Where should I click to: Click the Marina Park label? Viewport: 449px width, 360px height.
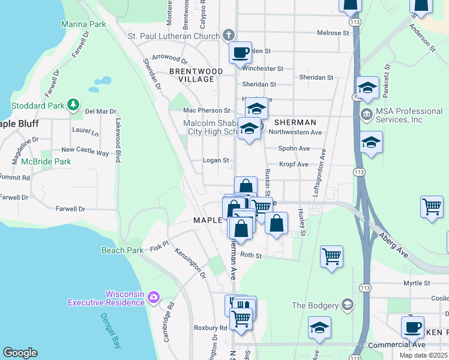pyautogui.click(x=83, y=24)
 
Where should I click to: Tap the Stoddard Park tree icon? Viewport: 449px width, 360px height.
pyautogui.click(x=73, y=105)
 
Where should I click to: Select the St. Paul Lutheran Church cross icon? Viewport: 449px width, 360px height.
pyautogui.click(x=228, y=35)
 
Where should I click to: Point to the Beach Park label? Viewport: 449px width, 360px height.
pyautogui.click(x=122, y=250)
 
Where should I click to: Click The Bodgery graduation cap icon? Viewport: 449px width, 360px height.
pyautogui.click(x=347, y=305)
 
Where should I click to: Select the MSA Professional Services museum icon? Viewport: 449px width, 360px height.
pyautogui.click(x=366, y=115)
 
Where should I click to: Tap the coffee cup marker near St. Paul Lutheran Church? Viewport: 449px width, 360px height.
pyautogui.click(x=241, y=53)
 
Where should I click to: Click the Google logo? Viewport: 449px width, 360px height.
pyautogui.click(x=20, y=352)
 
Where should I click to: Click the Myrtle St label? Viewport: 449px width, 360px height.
pyautogui.click(x=417, y=283)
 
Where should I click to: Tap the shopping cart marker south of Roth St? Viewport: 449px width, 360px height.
pyautogui.click(x=331, y=257)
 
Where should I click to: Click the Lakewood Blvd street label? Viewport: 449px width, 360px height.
pyautogui.click(x=118, y=147)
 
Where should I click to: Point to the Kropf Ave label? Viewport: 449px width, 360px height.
pyautogui.click(x=294, y=164)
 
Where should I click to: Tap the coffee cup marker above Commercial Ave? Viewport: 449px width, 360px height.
pyautogui.click(x=412, y=327)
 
